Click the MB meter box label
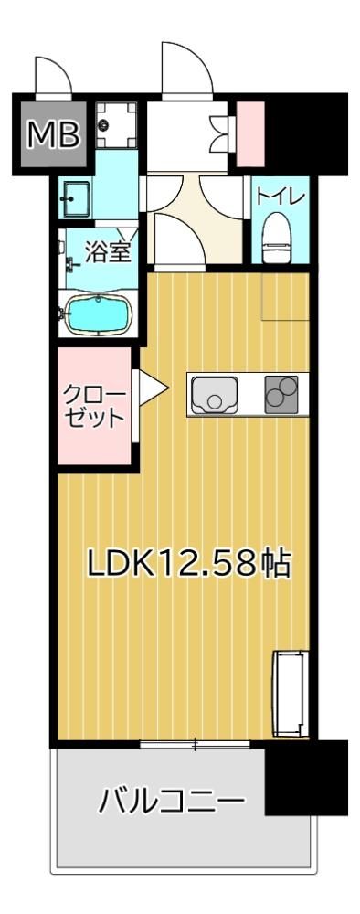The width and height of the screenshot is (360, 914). point(54,134)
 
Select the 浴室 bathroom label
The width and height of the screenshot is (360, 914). point(108,252)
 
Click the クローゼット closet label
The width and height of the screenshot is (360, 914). point(94,407)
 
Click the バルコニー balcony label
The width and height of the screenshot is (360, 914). point(171,803)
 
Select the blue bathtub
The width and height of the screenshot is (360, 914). point(98,314)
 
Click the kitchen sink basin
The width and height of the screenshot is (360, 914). point(214,395)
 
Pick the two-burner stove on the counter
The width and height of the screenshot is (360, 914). point(281,395)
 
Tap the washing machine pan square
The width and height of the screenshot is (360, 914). point(116,126)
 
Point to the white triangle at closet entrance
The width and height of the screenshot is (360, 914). point(153,387)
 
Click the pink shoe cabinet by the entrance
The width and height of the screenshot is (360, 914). point(250,133)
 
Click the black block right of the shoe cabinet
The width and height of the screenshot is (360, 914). point(306,134)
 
